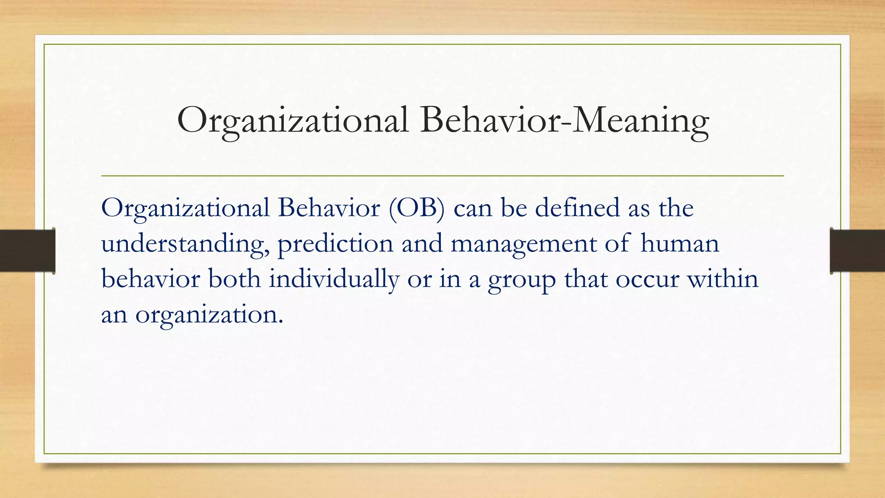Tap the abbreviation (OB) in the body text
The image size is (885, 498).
(x=416, y=208)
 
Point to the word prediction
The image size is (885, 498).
(x=335, y=244)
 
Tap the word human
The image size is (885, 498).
(x=679, y=243)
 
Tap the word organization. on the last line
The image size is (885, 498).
(x=209, y=315)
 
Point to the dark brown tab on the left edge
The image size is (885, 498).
(x=27, y=251)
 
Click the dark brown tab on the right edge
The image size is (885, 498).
(x=857, y=251)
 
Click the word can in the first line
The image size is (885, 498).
(x=473, y=209)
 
